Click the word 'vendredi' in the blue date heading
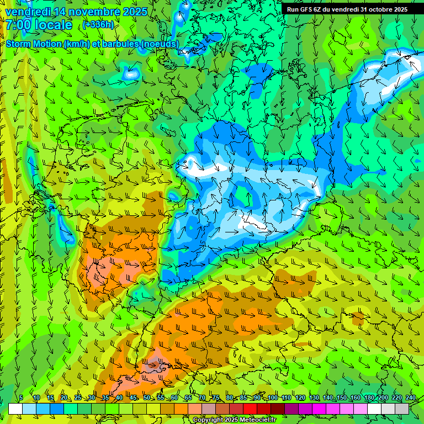click(27, 11)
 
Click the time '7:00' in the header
click(18, 25)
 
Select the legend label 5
click(21, 397)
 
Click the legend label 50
click(146, 397)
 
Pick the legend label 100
click(273, 397)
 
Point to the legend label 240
click(410, 397)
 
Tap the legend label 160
click(356, 397)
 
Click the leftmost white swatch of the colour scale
click(15, 409)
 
